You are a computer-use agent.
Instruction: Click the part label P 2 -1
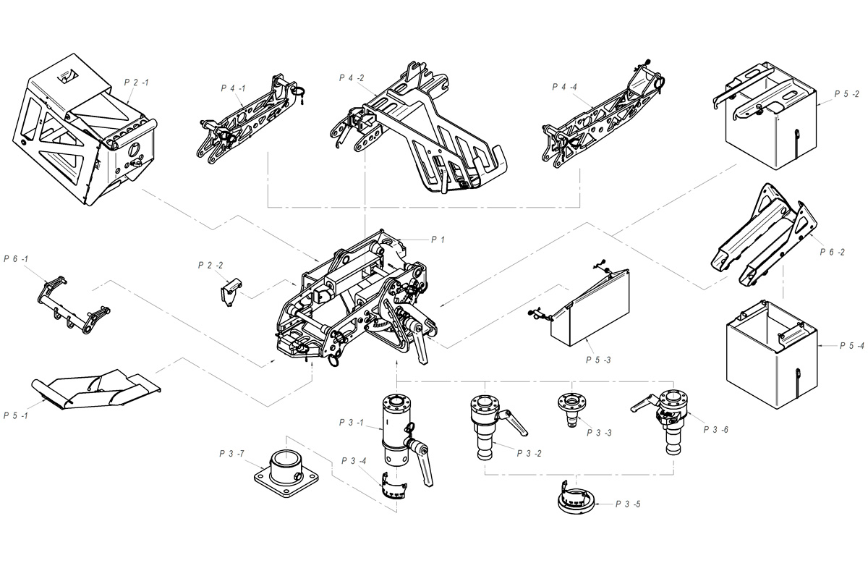coord(136,83)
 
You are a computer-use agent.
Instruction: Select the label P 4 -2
coord(351,77)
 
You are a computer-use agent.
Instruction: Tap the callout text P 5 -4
coord(852,347)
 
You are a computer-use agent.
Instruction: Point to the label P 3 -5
coord(628,504)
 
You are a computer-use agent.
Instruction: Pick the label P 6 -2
coord(833,252)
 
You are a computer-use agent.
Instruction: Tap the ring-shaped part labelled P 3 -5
coord(576,501)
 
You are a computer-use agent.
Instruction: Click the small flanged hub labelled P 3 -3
coord(575,406)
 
